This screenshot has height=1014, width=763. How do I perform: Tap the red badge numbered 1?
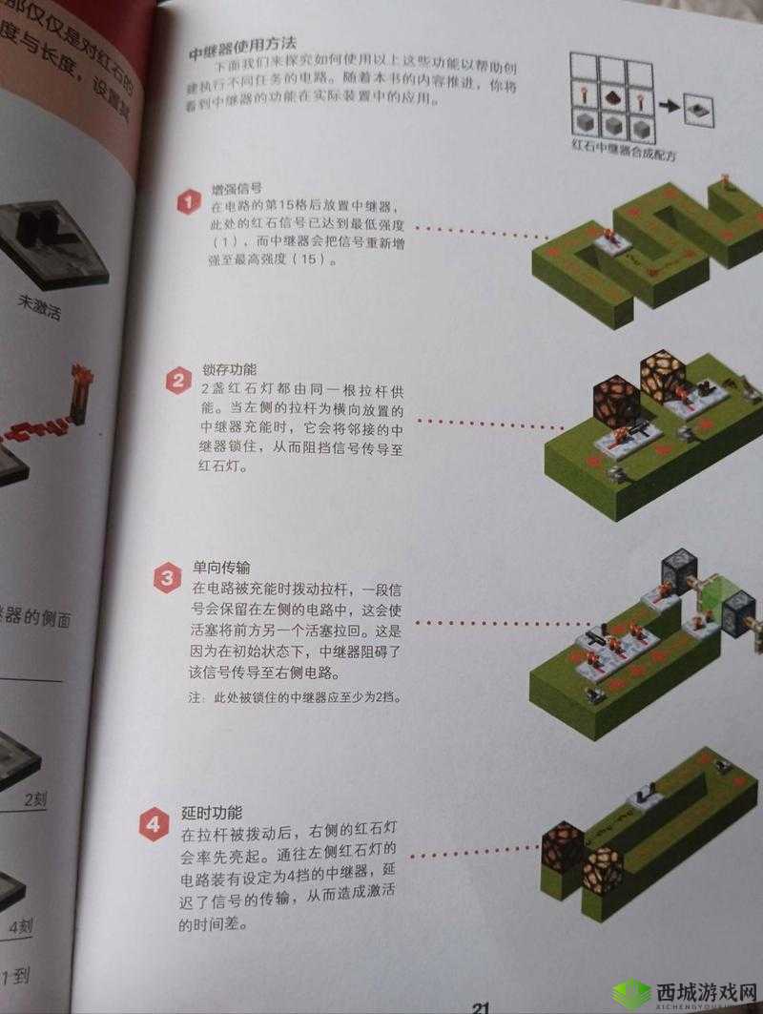(x=188, y=202)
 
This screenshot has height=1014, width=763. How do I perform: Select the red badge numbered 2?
(x=177, y=383)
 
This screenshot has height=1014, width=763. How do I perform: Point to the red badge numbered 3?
(x=166, y=578)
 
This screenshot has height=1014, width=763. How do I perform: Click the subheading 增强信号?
(x=237, y=189)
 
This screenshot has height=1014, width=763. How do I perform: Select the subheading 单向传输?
(x=216, y=567)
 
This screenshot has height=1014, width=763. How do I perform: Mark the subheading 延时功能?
(x=210, y=813)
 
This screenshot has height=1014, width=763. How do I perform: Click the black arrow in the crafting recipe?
(x=670, y=107)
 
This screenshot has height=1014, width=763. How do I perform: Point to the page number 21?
(x=481, y=1006)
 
